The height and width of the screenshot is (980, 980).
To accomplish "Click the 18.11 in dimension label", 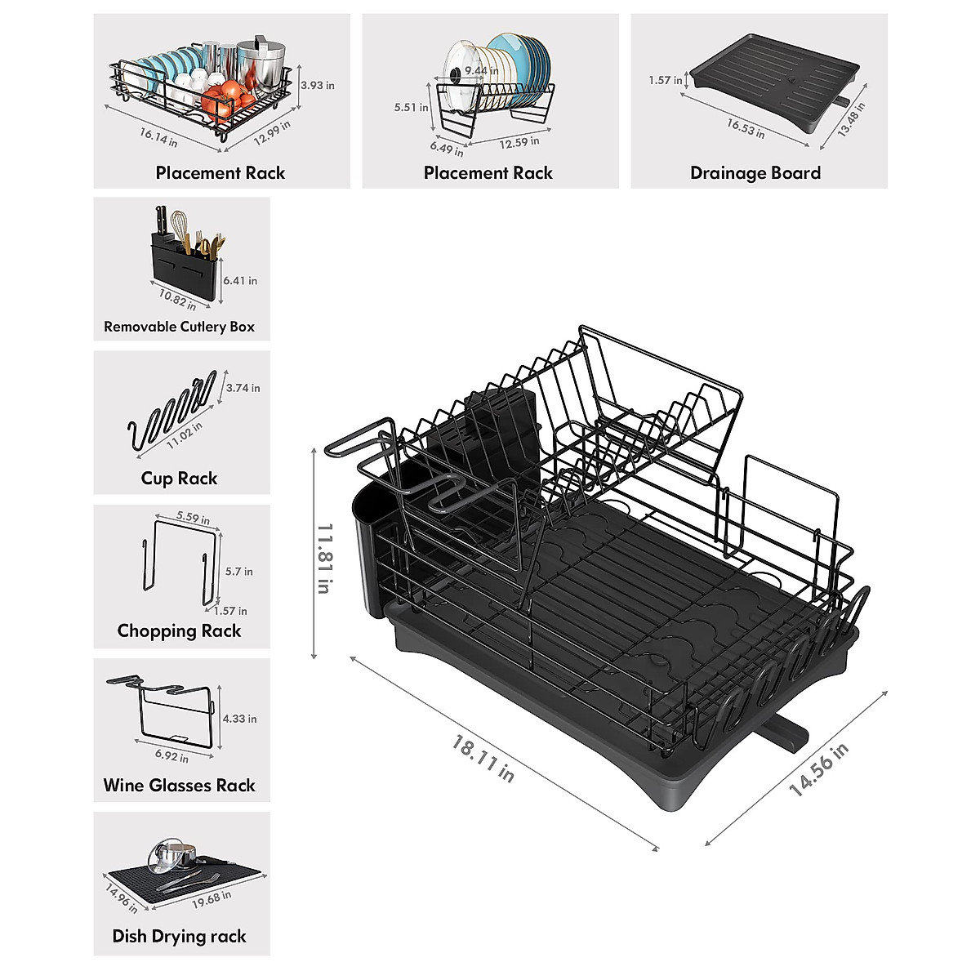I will (483, 759).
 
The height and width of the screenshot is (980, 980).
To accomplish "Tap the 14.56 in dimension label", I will (818, 769).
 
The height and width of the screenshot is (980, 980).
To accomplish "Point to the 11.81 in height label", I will (324, 559).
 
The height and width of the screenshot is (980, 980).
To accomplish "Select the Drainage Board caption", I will (755, 173).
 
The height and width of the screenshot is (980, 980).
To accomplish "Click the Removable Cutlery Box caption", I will (179, 327).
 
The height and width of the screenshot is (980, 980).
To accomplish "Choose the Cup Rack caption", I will (179, 479).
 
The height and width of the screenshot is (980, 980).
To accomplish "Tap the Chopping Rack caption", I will (179, 630).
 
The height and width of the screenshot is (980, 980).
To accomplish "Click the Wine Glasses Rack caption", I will (179, 786).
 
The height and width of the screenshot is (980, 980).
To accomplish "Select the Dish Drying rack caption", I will (179, 937).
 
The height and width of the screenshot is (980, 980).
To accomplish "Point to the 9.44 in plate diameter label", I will (481, 71).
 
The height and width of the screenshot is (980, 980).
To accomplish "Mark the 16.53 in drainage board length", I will (746, 128).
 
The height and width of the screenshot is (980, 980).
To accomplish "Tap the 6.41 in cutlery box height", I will (240, 280).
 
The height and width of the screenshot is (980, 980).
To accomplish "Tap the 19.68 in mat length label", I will (212, 899).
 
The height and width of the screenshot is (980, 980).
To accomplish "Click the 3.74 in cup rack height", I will (243, 388).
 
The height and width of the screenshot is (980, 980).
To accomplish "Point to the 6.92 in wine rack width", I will (171, 756).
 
